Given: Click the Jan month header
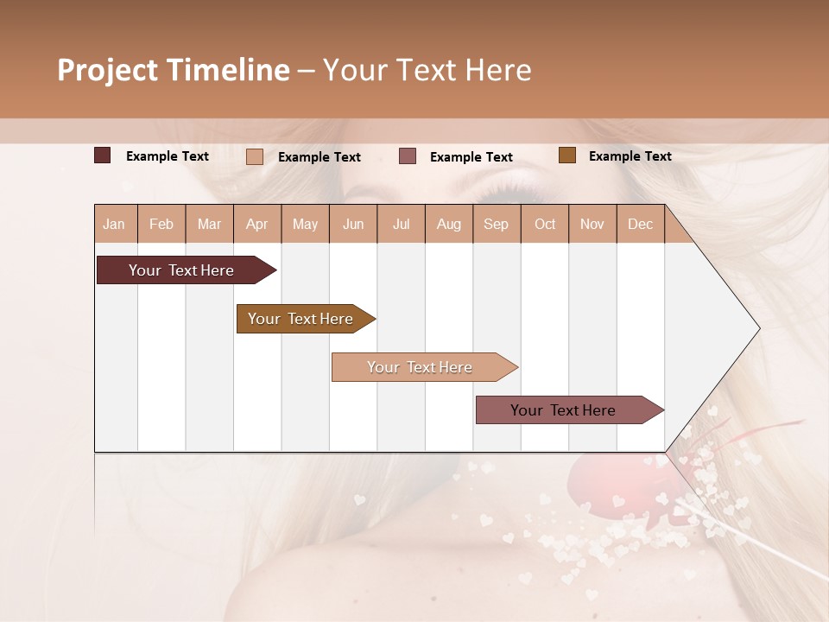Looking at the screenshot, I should [115, 224].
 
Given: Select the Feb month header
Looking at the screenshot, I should [161, 224].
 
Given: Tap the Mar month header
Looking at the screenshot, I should [209, 224].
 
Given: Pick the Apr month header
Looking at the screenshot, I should [257, 224].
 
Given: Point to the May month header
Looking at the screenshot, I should [305, 224].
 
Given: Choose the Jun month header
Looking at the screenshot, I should [353, 224].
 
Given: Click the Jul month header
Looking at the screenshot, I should [401, 224].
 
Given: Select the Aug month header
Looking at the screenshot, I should [449, 224].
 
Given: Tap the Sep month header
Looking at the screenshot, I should [497, 224].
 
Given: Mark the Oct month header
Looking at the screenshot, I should [545, 224].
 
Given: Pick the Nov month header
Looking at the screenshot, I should [592, 224].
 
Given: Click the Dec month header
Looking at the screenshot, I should [640, 224].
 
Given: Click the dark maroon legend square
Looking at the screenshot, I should [103, 155].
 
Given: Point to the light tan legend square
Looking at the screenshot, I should [255, 156].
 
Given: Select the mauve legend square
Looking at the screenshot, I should [408, 155].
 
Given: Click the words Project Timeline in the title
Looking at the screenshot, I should [173, 70].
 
